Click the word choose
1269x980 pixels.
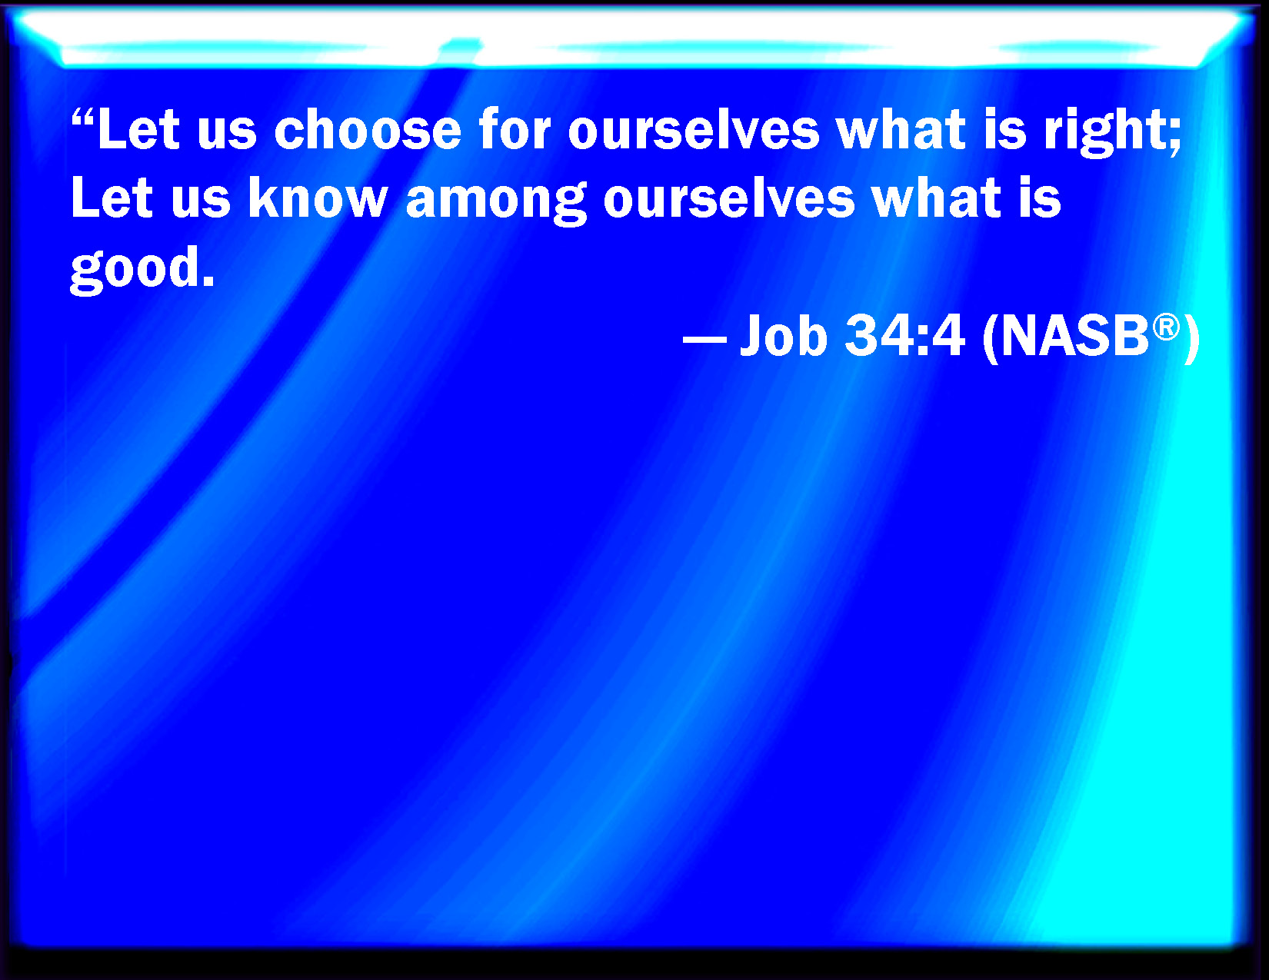(368, 129)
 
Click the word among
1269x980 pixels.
(496, 201)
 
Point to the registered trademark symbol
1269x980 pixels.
(1166, 327)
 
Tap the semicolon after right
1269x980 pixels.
(1176, 139)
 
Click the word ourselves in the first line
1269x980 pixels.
(694, 129)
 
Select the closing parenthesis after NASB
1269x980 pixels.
(1191, 338)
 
